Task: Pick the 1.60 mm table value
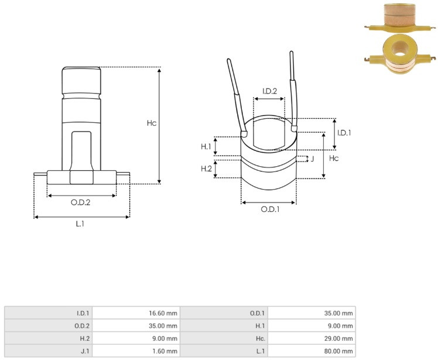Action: tap(165, 351)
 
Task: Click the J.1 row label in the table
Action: tap(85, 351)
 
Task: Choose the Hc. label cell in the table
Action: tap(260, 338)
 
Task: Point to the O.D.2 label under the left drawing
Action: tap(80, 202)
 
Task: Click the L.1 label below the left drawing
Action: tap(80, 224)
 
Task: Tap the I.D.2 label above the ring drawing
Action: tap(269, 91)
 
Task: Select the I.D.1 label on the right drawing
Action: tap(344, 133)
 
